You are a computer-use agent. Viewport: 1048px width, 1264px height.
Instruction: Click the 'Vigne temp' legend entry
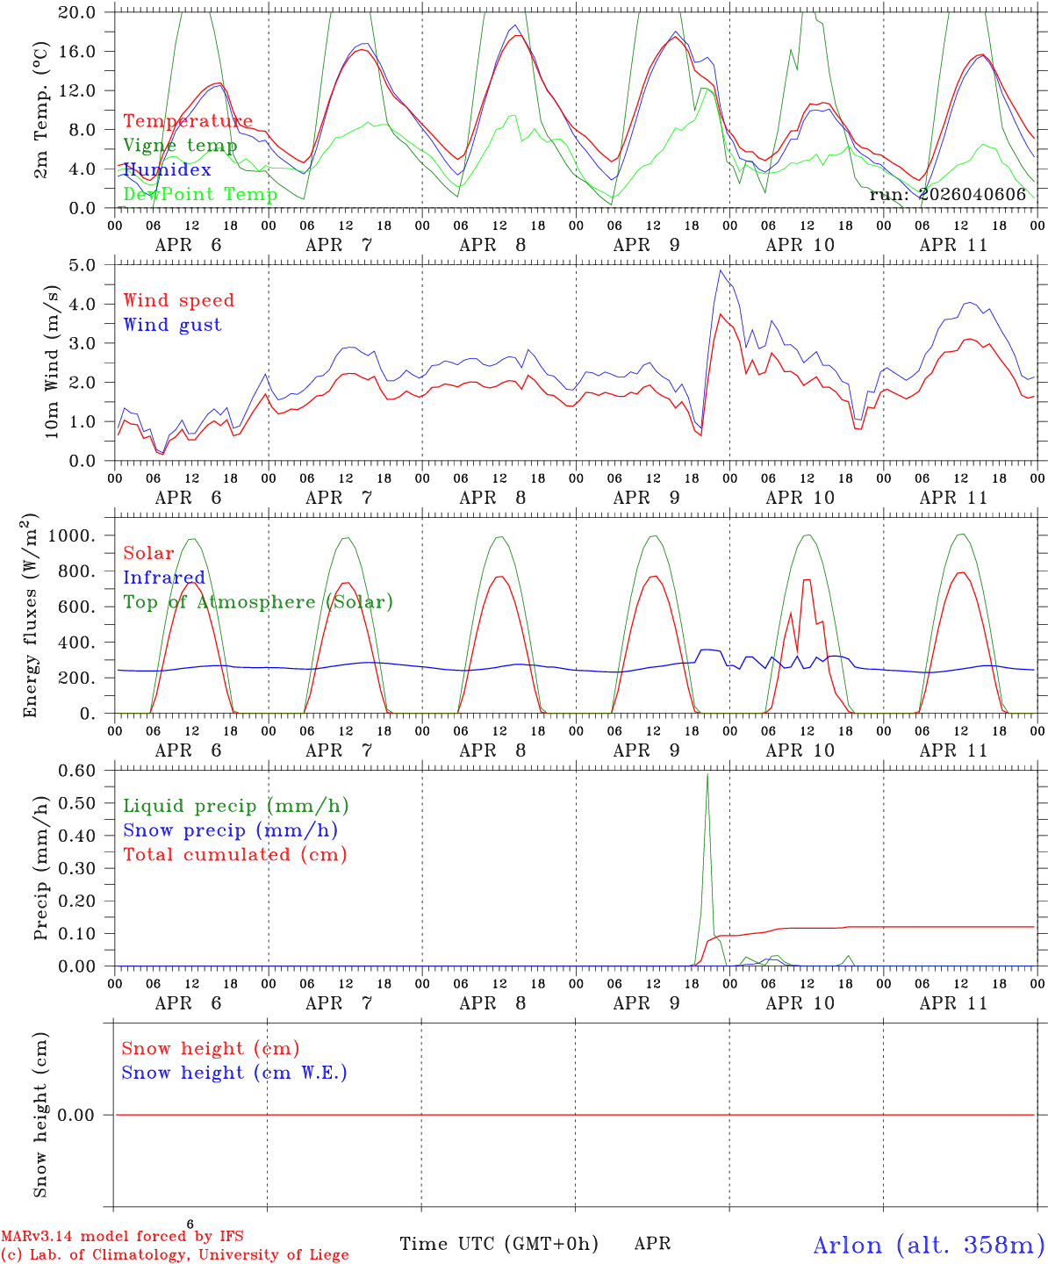(180, 146)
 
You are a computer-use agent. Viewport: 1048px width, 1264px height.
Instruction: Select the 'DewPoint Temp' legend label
(200, 194)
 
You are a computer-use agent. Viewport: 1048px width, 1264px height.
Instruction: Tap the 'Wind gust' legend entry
(172, 325)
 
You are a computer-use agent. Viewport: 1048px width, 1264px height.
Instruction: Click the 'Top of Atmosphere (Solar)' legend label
(258, 602)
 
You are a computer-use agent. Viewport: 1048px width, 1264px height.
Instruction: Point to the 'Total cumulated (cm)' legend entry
(235, 854)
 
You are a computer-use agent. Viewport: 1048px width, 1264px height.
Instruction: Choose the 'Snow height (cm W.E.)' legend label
(234, 1073)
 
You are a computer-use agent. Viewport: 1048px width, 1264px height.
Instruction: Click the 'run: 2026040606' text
(948, 194)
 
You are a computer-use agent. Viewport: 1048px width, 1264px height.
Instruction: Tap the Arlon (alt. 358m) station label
(929, 1245)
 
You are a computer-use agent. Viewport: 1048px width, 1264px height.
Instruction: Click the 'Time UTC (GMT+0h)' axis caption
(499, 1244)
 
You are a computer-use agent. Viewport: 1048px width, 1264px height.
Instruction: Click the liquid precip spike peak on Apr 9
(707, 774)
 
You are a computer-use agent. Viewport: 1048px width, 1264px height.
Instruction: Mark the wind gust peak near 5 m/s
(721, 270)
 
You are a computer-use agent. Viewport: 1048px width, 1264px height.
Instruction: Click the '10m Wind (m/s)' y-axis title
(53, 362)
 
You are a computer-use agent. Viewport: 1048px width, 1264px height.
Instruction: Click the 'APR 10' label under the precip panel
(800, 1003)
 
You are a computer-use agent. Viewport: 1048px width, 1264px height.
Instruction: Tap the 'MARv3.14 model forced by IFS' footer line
(122, 1236)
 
